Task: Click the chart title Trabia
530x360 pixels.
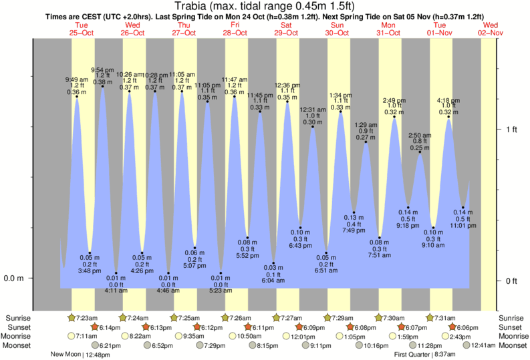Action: pyautogui.click(x=265, y=7)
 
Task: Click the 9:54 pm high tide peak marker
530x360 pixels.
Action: pyautogui.click(x=102, y=87)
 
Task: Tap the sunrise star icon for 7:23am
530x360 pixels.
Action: pyautogui.click(x=72, y=317)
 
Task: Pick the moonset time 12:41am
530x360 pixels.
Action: pyautogui.click(x=483, y=345)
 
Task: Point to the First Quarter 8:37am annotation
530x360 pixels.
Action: pyautogui.click(x=428, y=355)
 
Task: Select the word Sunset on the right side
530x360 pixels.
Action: pyautogui.click(x=511, y=327)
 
